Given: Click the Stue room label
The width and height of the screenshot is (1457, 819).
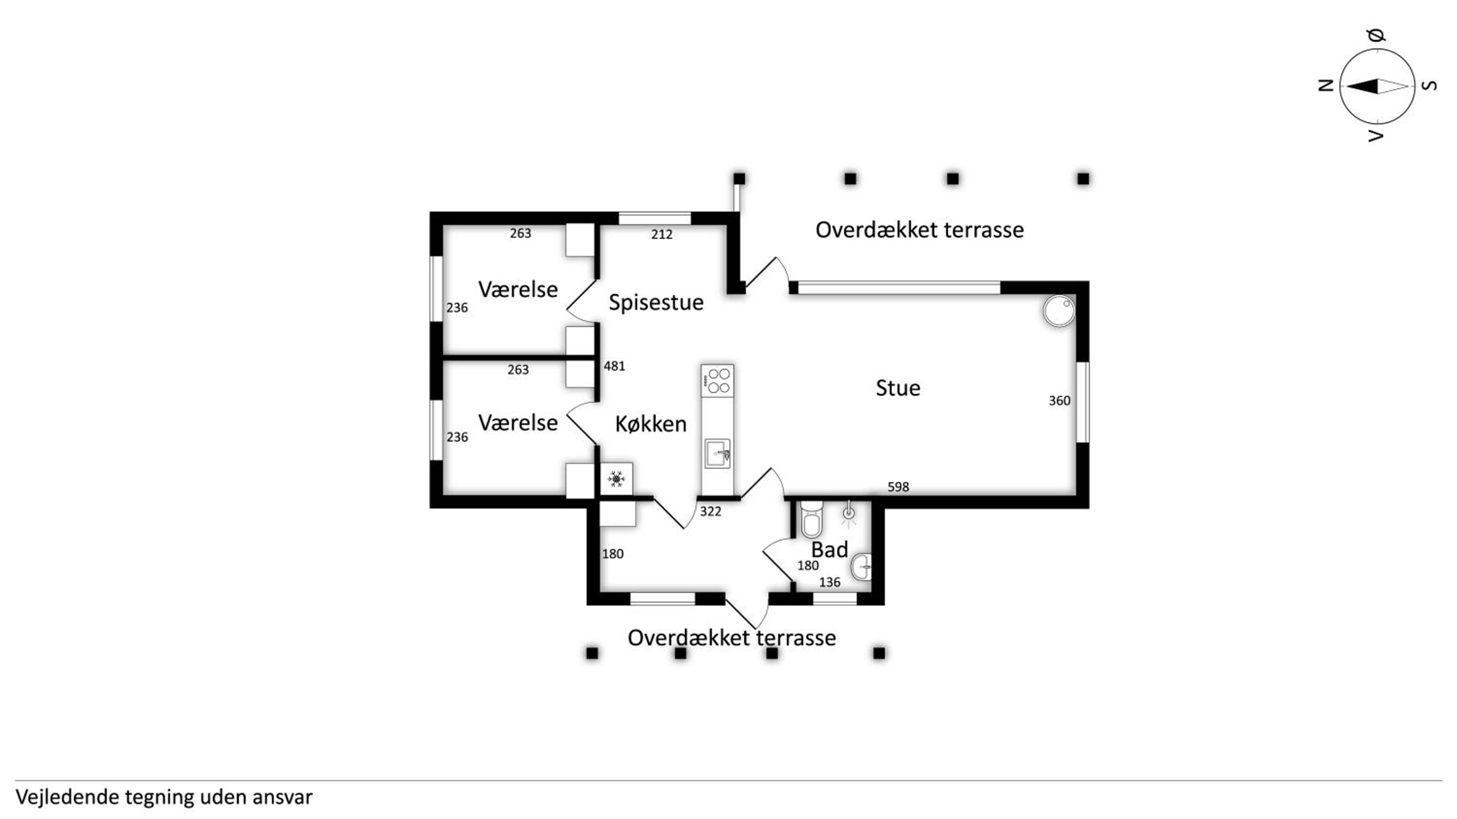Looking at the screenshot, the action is tap(898, 388).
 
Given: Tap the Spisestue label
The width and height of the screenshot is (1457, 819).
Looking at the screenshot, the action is tap(656, 302).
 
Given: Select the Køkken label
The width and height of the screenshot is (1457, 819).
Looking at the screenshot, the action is tap(651, 424).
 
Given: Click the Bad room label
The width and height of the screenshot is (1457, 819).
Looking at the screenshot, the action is tap(829, 549).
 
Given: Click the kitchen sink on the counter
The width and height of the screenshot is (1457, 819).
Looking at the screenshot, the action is tap(717, 453).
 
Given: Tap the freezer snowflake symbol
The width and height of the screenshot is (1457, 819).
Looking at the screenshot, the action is tap(616, 479).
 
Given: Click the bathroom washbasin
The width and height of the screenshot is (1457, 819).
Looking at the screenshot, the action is tap(862, 566).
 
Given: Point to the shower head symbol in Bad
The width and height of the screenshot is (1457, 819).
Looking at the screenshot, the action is tap(848, 513).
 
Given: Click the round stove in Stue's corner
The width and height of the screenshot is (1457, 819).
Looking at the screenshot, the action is tap(1059, 311).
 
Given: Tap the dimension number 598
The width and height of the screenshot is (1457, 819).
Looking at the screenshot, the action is tap(898, 487).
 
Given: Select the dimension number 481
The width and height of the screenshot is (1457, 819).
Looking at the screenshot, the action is tap(614, 366).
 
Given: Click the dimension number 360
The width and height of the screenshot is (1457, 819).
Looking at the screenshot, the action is tap(1059, 401).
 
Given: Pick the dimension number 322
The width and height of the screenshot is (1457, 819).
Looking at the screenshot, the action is tap(711, 511).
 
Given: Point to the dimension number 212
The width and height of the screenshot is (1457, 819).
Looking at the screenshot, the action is tap(662, 234).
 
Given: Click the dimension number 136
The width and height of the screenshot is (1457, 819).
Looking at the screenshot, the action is tap(830, 582).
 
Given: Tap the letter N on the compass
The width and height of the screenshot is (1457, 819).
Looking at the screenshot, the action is tap(1326, 85).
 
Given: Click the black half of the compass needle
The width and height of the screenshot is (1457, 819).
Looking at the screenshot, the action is tap(1362, 86).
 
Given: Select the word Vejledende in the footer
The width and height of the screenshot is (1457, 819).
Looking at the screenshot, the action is tap(68, 797).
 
